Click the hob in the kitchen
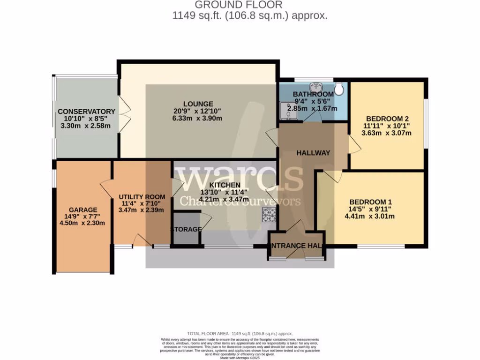click(269, 214)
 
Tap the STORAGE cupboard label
click(186, 229)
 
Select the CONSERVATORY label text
click(86, 112)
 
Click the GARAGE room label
click(83, 210)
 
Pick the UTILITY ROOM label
click(142, 196)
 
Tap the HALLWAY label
click(313, 153)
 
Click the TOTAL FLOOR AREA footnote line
click(240, 333)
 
